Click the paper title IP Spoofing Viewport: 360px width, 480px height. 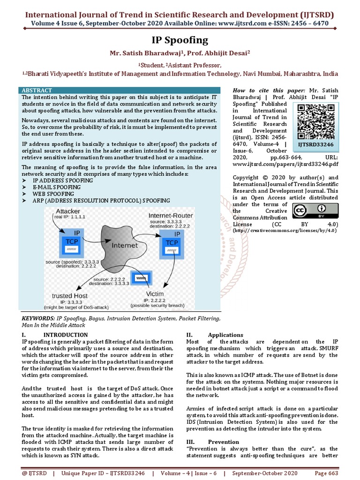point(180,40)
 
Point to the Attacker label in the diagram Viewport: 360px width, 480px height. point(67,211)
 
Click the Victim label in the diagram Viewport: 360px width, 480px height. point(152,294)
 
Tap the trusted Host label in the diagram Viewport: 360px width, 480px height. point(69,296)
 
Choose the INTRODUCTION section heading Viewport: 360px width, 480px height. point(65,335)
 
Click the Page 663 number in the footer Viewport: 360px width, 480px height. point(326,473)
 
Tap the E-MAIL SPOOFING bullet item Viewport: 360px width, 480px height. point(56,187)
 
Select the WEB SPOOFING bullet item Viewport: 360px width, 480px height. point(53,194)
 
